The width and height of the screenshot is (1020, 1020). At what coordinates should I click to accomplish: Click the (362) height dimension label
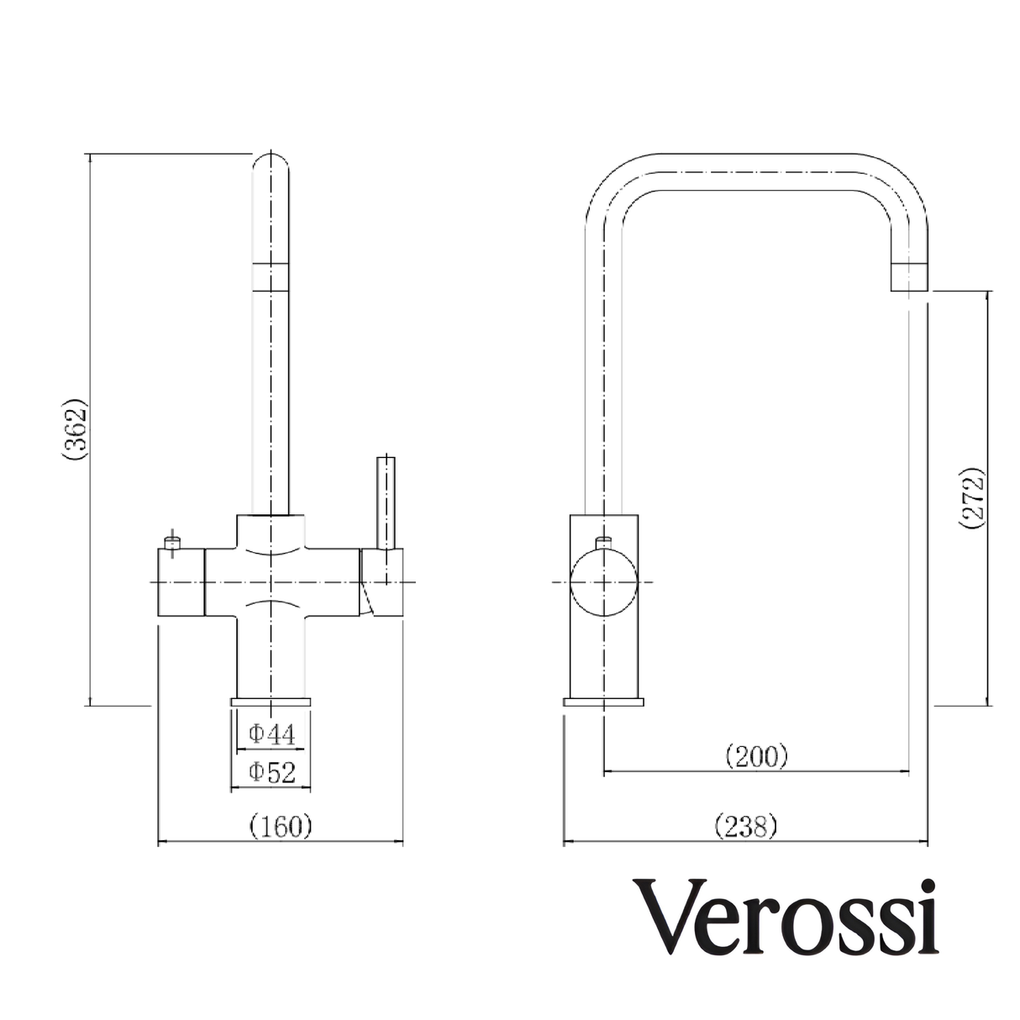tap(76, 429)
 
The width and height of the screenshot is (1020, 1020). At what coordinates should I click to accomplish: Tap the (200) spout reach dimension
tap(756, 756)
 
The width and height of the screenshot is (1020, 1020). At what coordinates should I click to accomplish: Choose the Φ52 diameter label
tap(271, 771)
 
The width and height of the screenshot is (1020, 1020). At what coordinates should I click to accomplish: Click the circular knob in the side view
tap(603, 582)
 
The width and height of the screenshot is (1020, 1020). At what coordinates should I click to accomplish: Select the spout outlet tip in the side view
tap(908, 278)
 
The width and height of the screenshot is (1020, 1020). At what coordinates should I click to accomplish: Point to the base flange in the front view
tap(271, 702)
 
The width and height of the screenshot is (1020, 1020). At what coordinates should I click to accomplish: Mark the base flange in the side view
tap(603, 702)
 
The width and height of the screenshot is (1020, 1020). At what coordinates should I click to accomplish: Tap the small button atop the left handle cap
tap(173, 542)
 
